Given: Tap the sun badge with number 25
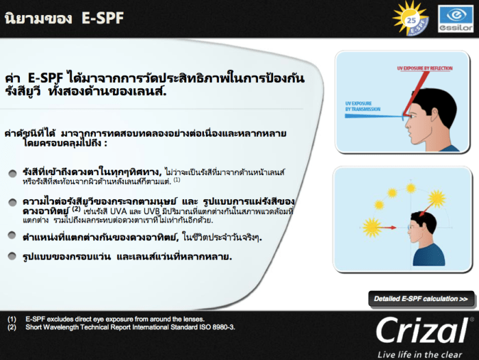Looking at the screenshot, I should [x=411, y=18].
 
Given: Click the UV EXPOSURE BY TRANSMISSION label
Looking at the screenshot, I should [x=359, y=107].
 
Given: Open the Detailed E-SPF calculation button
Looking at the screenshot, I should [x=421, y=299].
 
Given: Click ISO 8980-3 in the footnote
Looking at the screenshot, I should [x=212, y=327].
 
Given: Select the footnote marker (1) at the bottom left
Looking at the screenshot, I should [x=12, y=319].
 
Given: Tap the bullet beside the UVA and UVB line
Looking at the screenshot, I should [x=12, y=203].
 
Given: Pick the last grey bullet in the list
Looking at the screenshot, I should [x=12, y=257].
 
